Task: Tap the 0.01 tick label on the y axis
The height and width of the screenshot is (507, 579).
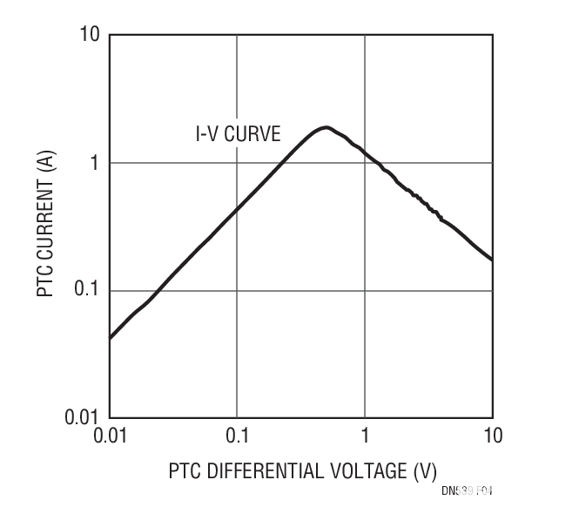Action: click(84, 417)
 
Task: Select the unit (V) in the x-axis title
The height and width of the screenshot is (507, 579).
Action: click(424, 471)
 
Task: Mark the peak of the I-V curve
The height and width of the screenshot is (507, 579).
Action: click(326, 128)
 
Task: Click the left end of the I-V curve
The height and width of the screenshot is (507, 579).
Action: click(111, 336)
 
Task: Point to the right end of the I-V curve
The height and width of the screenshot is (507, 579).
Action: click(492, 260)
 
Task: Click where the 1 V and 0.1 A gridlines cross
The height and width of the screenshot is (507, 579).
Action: click(365, 290)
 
